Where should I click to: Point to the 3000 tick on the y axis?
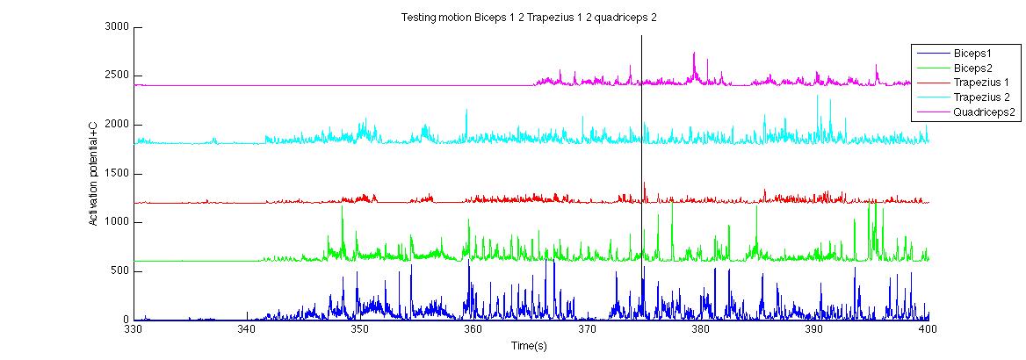pyautogui.click(x=116, y=27)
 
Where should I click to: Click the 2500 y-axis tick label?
pyautogui.click(x=116, y=76)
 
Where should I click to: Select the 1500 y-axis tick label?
pyautogui.click(x=116, y=174)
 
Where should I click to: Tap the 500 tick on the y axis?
pyautogui.click(x=119, y=271)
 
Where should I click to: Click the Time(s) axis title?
pyautogui.click(x=530, y=346)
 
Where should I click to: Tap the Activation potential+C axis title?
pyautogui.click(x=93, y=174)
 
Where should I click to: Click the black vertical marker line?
pyautogui.click(x=641, y=176)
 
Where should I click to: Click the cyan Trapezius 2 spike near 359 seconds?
pyautogui.click(x=466, y=112)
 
